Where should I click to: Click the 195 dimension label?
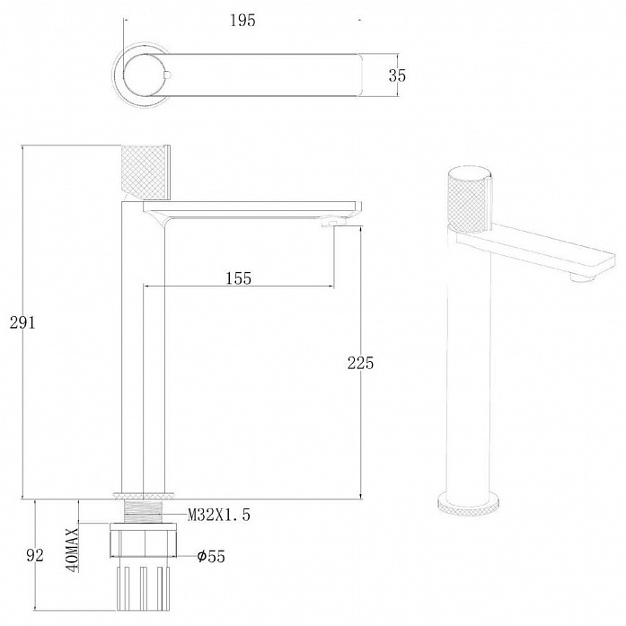(242, 21)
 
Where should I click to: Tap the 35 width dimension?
(397, 75)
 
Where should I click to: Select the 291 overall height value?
(22, 322)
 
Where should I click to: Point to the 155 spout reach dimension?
(239, 278)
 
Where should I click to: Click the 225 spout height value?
(360, 363)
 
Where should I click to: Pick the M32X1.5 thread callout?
(219, 515)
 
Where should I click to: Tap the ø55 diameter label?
(211, 556)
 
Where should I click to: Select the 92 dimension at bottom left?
(35, 555)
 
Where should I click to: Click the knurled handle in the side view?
(143, 172)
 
